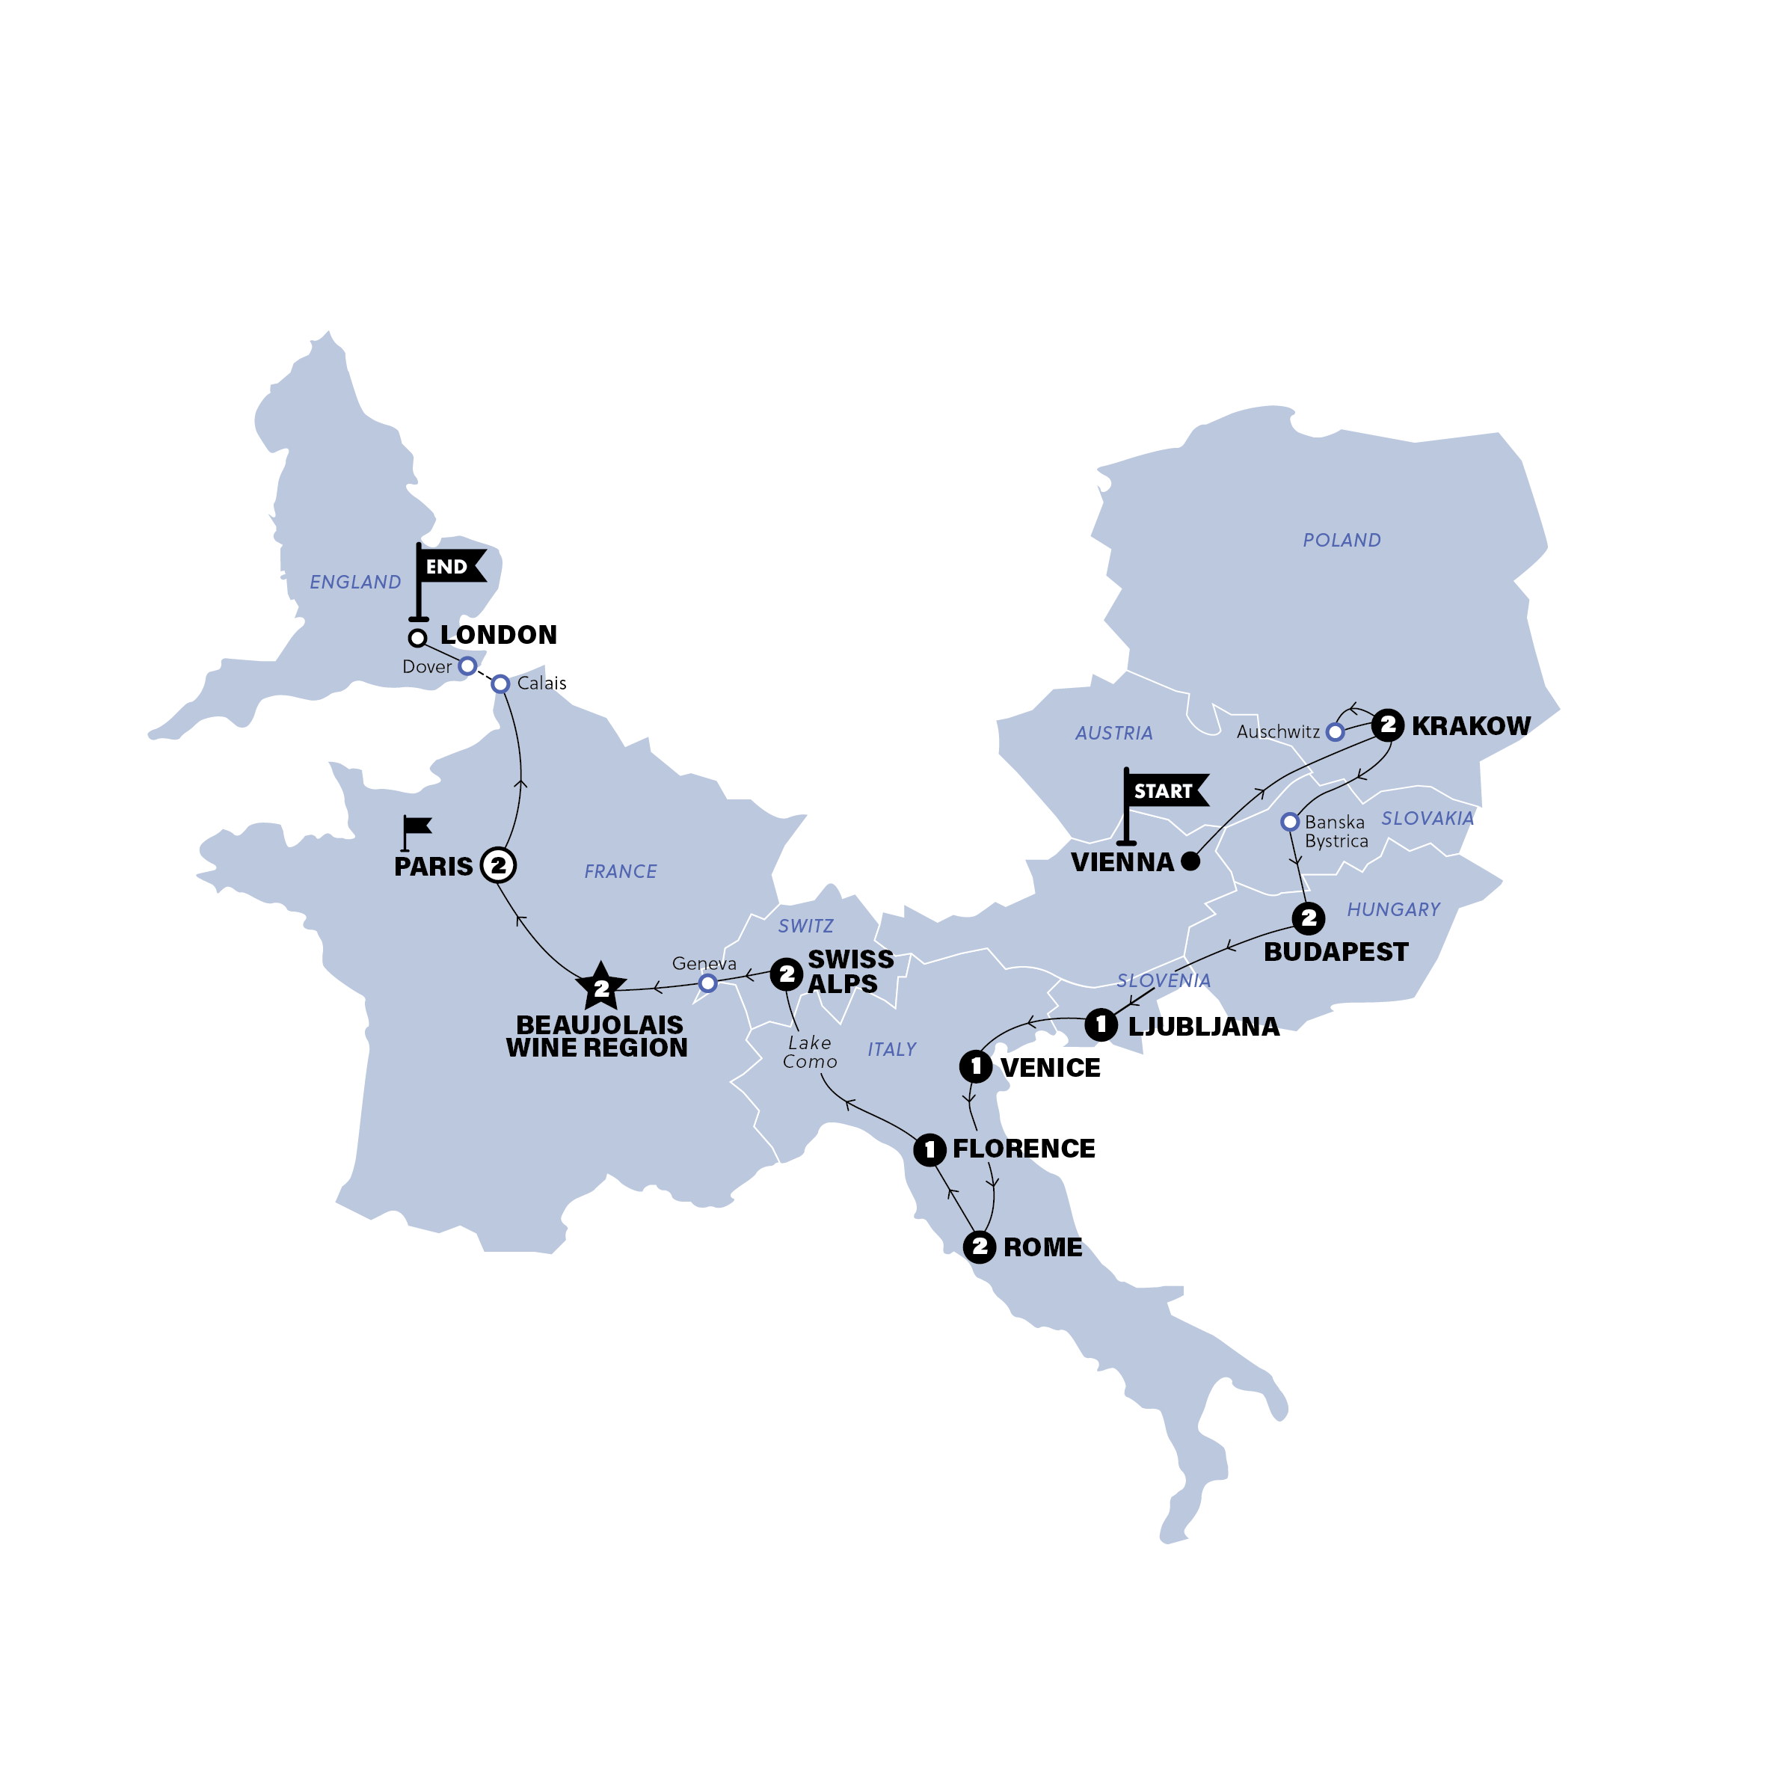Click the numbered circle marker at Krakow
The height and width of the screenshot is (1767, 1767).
[x=1387, y=725]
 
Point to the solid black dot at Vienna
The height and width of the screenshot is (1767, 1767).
[x=1190, y=861]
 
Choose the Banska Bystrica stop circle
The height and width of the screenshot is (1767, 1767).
[x=1290, y=821]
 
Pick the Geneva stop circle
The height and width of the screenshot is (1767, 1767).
[x=707, y=983]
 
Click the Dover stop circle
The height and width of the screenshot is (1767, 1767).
[x=467, y=666]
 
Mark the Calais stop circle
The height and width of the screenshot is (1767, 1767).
[x=500, y=684]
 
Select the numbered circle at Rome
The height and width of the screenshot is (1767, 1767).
[x=980, y=1247]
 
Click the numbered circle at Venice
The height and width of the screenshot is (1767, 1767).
[x=976, y=1066]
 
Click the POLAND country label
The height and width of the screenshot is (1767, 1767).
[x=1342, y=541]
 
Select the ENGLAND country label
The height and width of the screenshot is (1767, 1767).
[x=355, y=583]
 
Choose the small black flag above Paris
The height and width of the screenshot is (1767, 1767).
[x=417, y=829]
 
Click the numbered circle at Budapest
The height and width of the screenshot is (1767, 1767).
[x=1309, y=918]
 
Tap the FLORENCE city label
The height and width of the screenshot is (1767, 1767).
[x=1024, y=1149]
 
